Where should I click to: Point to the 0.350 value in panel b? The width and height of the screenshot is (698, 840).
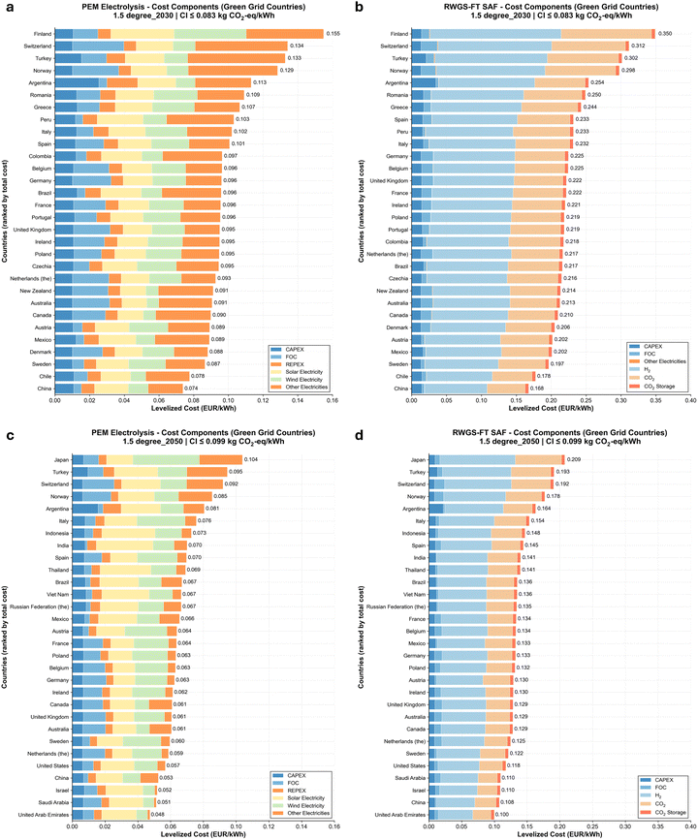[x=665, y=33]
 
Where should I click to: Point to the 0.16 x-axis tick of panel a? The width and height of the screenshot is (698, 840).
[x=332, y=398]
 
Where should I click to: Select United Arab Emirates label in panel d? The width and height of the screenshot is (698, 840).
[x=389, y=814]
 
